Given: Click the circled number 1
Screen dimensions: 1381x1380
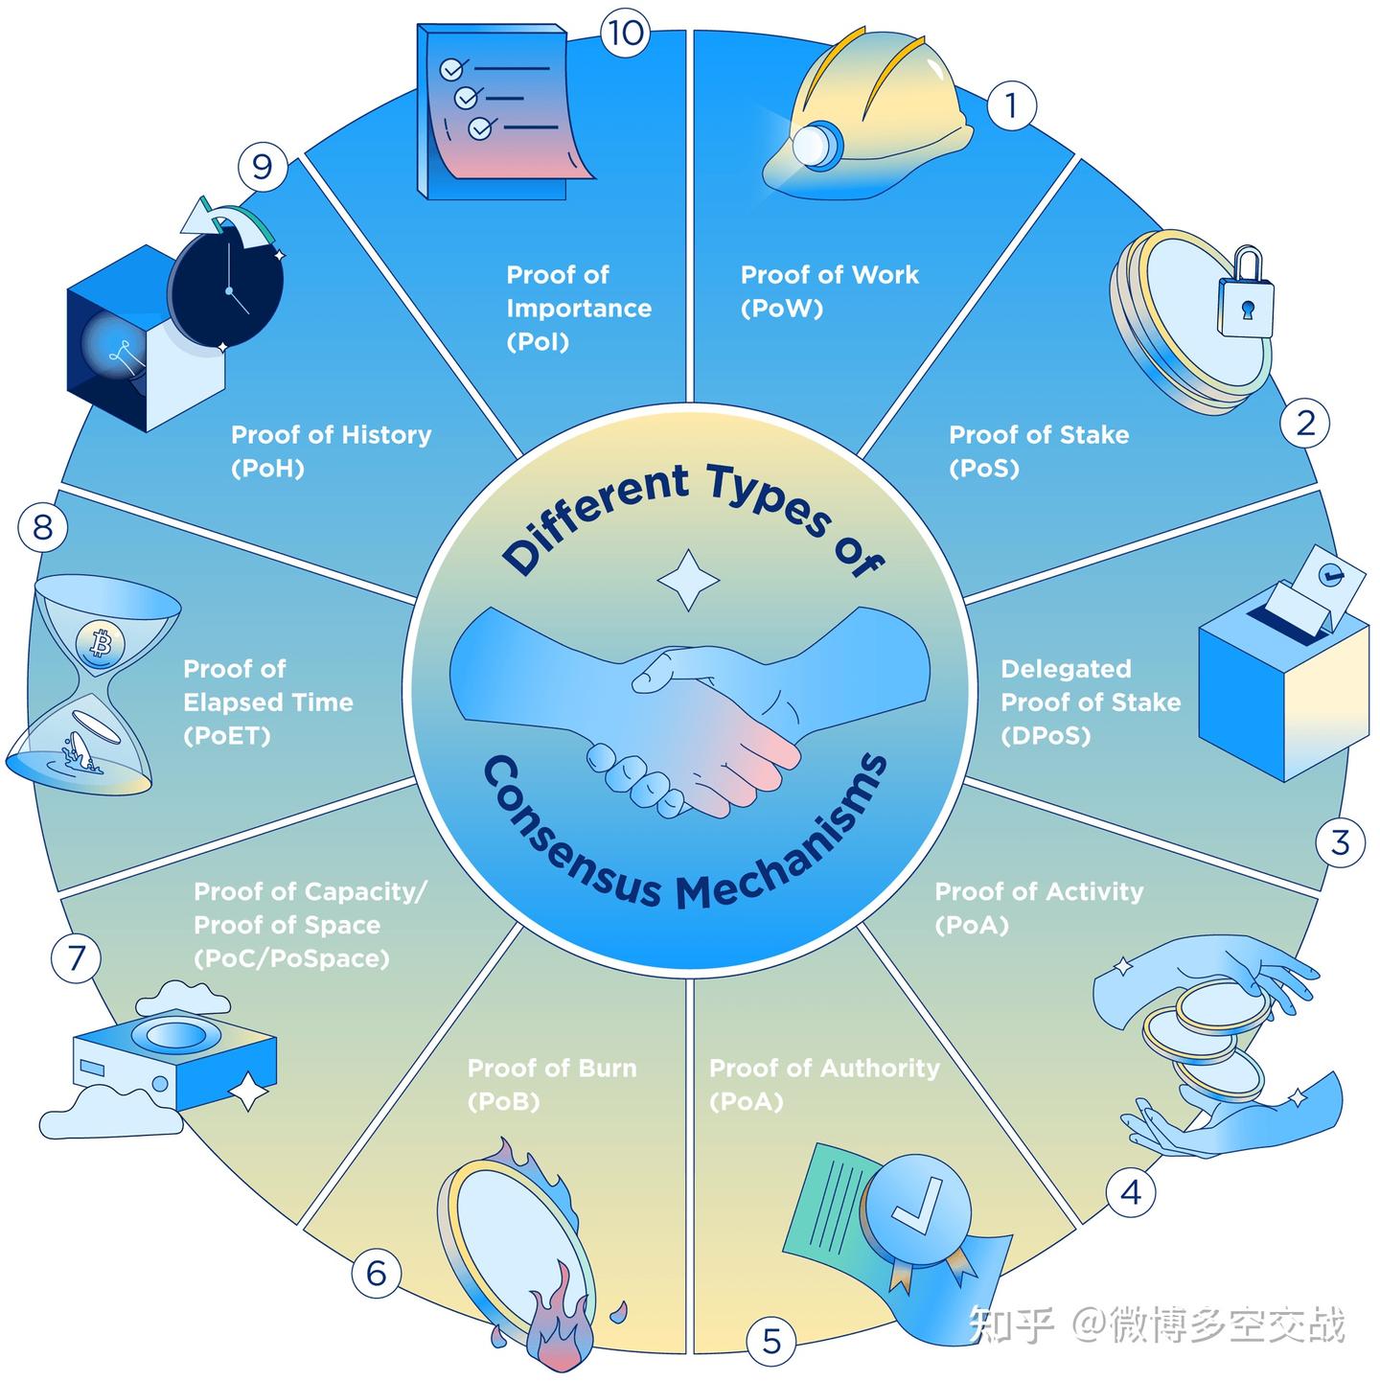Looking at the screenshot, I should coord(1010,105).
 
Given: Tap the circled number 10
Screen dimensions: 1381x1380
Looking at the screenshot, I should coord(625,34).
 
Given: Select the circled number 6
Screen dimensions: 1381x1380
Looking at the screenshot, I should coord(376,1274).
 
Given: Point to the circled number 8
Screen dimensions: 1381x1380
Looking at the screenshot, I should coord(43,527).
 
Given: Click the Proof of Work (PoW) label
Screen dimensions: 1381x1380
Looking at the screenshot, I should coord(829,291).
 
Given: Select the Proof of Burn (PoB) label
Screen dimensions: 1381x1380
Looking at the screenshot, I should coord(551,1085).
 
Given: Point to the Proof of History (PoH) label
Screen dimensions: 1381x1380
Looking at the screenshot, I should coord(331,451).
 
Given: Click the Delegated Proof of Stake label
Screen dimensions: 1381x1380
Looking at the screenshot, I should coord(1090,702).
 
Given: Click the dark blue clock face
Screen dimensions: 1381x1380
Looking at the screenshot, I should coord(226,288).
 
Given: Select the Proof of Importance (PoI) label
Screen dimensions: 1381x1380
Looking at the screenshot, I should coord(578,309).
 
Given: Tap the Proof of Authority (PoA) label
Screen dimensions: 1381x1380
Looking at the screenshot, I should coord(824,1085).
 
